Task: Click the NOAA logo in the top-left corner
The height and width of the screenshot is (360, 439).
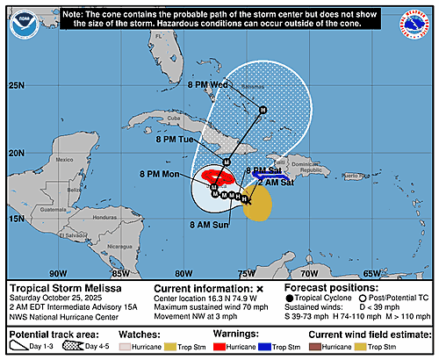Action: coord(25,26)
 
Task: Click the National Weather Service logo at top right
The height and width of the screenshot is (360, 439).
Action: coord(414,25)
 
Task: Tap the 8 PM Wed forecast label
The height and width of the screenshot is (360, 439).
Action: coord(208,85)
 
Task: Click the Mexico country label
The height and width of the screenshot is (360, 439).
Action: coord(61,161)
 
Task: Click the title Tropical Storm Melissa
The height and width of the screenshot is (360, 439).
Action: coord(68,289)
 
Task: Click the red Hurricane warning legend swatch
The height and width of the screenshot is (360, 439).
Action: coord(242,348)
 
